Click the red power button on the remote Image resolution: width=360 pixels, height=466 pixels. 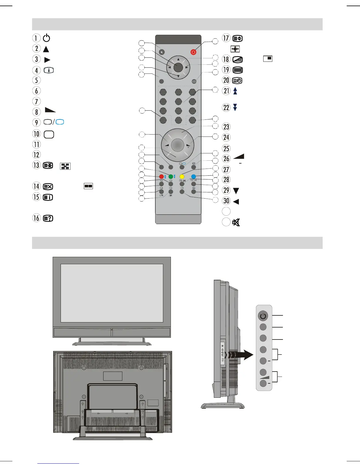click(x=193, y=52)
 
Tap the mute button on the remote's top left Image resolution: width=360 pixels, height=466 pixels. click(x=162, y=52)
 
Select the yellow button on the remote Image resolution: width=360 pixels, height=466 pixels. click(x=182, y=177)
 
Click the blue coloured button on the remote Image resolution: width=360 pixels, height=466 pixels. click(x=194, y=177)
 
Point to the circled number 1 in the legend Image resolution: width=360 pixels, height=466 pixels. click(x=36, y=38)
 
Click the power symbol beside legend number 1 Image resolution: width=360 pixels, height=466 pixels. click(x=46, y=38)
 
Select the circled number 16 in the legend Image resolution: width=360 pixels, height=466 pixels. click(x=36, y=218)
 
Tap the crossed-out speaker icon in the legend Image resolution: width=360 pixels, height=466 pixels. click(x=236, y=222)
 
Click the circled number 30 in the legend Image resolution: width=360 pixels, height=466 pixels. click(x=226, y=201)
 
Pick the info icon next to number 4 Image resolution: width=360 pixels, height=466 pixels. click(x=49, y=70)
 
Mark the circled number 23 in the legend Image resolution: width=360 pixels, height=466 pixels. click(x=226, y=127)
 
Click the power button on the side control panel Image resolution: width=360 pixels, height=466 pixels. click(x=263, y=316)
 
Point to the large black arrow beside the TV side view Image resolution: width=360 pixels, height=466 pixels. click(x=244, y=355)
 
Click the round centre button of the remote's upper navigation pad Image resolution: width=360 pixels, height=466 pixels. click(x=178, y=67)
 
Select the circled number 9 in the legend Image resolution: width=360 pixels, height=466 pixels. click(x=36, y=122)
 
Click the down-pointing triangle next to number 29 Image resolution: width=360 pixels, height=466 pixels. click(x=236, y=191)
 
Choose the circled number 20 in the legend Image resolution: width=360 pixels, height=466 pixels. click(x=226, y=80)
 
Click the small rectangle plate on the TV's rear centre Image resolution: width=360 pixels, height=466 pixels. click(x=113, y=376)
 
